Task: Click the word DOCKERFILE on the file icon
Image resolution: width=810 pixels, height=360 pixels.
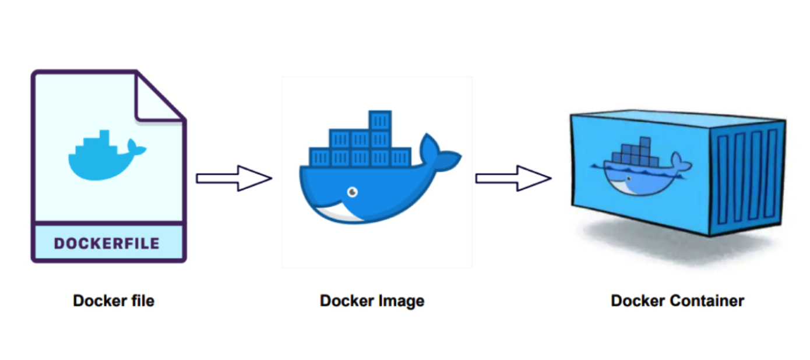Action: [107, 243]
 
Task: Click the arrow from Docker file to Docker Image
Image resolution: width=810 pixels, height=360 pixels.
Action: [234, 178]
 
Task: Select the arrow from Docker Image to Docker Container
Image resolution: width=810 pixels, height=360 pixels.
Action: [513, 178]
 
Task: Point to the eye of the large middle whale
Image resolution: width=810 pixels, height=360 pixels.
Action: [351, 191]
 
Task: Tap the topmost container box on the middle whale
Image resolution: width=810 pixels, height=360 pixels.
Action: [380, 121]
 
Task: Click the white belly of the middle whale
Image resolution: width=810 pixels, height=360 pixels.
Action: [338, 212]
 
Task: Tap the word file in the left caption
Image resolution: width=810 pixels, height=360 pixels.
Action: [143, 301]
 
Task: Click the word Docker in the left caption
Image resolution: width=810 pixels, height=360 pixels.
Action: [97, 301]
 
